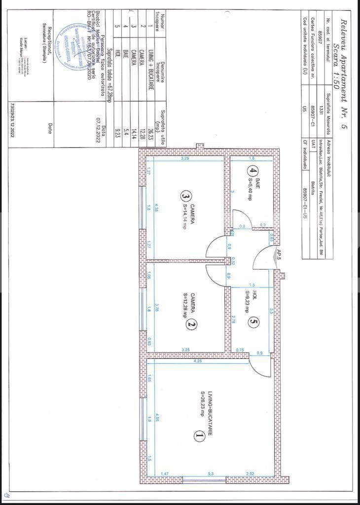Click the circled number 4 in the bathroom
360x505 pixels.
(253, 172)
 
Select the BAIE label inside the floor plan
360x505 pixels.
(257, 187)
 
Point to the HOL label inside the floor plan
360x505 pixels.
(254, 294)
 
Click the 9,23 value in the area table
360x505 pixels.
(117, 131)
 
